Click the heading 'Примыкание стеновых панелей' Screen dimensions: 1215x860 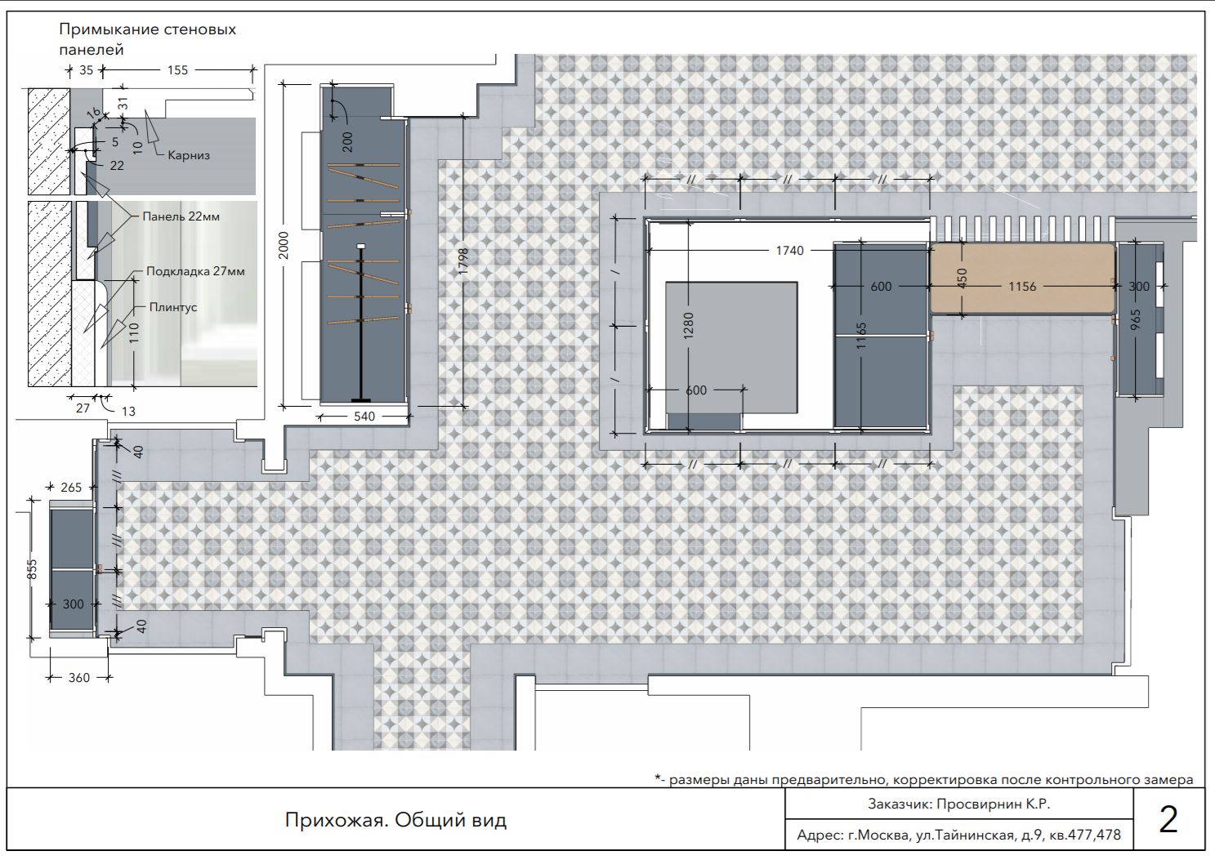tap(148, 39)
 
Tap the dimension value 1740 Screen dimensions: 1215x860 tap(790, 251)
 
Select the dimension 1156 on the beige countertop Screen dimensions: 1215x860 tap(1022, 287)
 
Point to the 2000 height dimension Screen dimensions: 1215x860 tap(284, 245)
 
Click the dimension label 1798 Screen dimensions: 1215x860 tap(463, 261)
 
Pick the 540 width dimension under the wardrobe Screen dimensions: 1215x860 tap(364, 417)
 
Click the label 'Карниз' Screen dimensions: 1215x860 tap(188, 156)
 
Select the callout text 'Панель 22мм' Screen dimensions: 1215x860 tap(181, 217)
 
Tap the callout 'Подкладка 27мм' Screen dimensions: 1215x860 tap(195, 271)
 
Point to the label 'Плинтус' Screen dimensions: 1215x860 tap(173, 307)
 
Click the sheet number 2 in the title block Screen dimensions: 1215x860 tap(1168, 820)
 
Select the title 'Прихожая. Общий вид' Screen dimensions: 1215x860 tap(395, 821)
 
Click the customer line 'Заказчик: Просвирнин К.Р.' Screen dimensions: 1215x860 tap(959, 804)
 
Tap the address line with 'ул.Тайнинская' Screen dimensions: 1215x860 tap(959, 835)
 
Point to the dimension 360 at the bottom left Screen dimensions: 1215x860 tap(79, 678)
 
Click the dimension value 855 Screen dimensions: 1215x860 tap(32, 569)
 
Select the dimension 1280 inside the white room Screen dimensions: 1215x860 tap(688, 326)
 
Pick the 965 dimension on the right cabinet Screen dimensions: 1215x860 tap(1136, 320)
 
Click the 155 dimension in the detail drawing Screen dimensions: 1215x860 tap(177, 70)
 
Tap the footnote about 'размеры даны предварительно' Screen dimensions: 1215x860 tap(924, 780)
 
